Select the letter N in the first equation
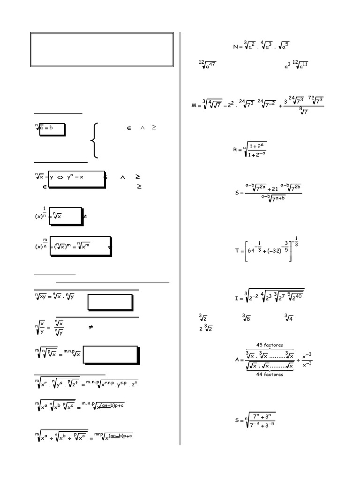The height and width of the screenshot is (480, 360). pyautogui.click(x=235, y=47)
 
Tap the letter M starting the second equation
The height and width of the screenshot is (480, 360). pyautogui.click(x=194, y=106)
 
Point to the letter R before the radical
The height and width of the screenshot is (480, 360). pyautogui.click(x=235, y=150)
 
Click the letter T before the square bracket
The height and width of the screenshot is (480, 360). pyautogui.click(x=237, y=251)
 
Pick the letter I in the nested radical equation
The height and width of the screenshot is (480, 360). pyautogui.click(x=237, y=298)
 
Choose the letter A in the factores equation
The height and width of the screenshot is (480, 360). pyautogui.click(x=237, y=360)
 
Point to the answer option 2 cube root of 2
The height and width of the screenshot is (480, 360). pyautogui.click(x=206, y=329)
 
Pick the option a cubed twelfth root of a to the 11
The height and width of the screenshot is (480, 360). pyautogui.click(x=296, y=66)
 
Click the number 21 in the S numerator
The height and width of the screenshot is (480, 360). pyautogui.click(x=273, y=188)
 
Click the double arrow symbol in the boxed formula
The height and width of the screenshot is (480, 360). pyautogui.click(x=61, y=177)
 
